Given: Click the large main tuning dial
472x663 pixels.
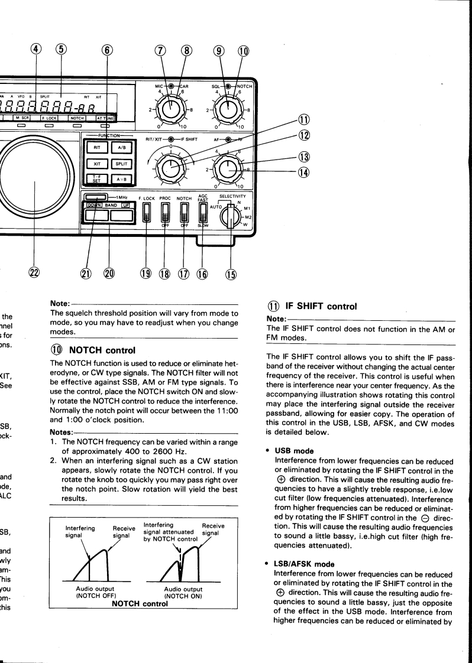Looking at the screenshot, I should click(35, 183).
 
